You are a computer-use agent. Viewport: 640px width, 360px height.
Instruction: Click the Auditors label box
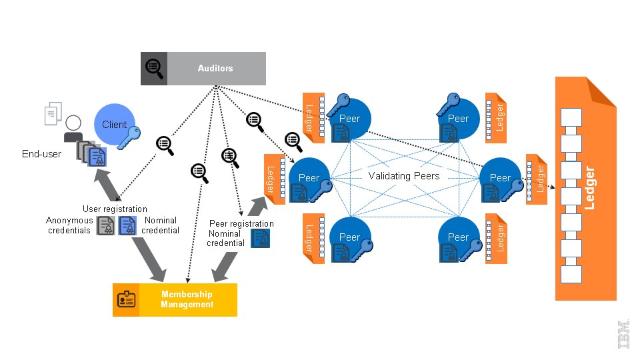click(216, 69)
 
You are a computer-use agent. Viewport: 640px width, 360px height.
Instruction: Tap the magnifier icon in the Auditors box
click(154, 68)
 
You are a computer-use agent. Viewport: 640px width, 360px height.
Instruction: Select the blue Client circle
click(114, 124)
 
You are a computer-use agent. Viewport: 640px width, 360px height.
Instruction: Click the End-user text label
click(41, 154)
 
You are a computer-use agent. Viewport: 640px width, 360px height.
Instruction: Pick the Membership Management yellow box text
click(187, 299)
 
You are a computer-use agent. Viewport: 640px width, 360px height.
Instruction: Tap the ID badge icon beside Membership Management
click(126, 299)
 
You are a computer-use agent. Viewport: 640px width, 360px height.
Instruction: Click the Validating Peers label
click(404, 176)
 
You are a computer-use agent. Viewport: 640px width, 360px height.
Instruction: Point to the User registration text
click(115, 209)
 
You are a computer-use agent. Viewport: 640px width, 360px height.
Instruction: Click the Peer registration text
click(241, 224)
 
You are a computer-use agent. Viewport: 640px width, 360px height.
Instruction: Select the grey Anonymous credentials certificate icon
click(106, 226)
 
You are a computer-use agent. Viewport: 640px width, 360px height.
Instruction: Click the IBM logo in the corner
click(623, 335)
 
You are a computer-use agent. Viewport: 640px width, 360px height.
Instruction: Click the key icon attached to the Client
click(129, 138)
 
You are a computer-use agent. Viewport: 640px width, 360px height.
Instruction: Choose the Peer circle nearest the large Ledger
click(500, 179)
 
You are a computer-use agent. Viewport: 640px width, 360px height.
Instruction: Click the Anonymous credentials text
click(69, 225)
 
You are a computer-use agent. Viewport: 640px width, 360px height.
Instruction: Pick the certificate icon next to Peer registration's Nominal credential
click(260, 239)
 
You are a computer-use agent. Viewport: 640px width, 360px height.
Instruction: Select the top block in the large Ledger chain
click(571, 117)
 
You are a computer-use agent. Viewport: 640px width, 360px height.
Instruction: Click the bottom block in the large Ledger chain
click(571, 274)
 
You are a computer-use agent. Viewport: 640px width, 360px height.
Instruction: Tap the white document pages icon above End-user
click(53, 113)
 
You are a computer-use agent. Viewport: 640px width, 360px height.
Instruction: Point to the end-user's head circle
click(73, 123)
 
